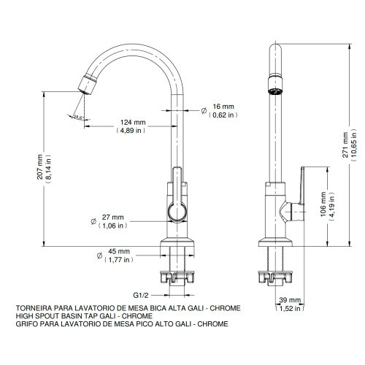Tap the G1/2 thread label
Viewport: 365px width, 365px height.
pyautogui.click(x=141, y=295)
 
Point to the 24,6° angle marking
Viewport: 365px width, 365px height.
pyautogui.click(x=79, y=117)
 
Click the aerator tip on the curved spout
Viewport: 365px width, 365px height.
pyautogui.click(x=88, y=85)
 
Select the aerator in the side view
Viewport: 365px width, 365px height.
pyautogui.click(x=275, y=85)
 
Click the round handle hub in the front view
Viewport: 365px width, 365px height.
pyautogui.click(x=177, y=211)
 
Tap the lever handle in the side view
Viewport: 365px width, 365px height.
pyautogui.click(x=302, y=185)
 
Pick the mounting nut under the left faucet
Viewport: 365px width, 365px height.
pyautogui.click(x=177, y=277)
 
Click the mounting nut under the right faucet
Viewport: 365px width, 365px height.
pyautogui.click(x=275, y=277)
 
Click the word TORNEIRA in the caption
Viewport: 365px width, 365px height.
pyautogui.click(x=34, y=308)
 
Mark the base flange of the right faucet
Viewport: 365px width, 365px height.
pyautogui.click(x=275, y=242)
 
